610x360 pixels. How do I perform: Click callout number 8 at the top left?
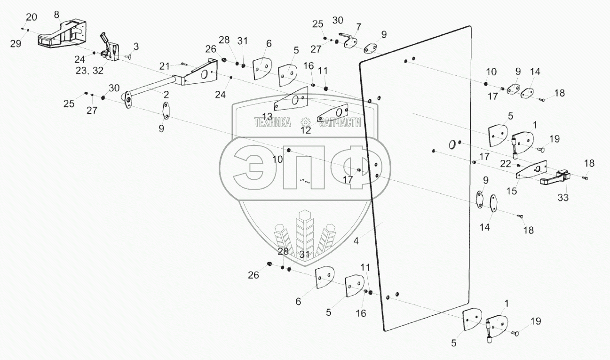point(57,14)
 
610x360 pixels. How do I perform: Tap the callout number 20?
point(31,17)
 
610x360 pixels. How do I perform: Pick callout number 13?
point(267,116)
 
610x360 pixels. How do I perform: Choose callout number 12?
point(306,130)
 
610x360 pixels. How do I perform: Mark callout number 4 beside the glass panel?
point(356,241)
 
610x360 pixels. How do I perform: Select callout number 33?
point(563,198)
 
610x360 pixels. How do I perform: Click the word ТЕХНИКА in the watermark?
point(272,122)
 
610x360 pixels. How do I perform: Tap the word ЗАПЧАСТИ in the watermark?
point(340,122)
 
